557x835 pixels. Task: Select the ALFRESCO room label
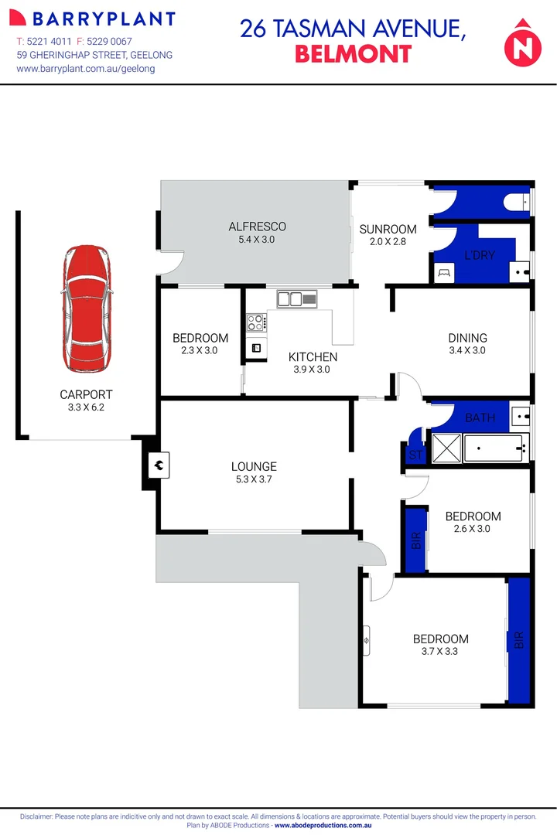(257, 227)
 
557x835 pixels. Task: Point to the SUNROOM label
(388, 229)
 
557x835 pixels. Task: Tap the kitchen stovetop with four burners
(256, 323)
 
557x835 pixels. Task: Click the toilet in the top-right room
(516, 203)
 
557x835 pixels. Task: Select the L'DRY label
(479, 255)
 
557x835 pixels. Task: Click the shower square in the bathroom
(445, 447)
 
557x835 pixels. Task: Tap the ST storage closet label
(416, 455)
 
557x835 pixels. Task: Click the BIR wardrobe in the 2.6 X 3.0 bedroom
(416, 539)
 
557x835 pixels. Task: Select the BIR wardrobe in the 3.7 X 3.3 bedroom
(519, 640)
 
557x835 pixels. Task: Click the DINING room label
(467, 338)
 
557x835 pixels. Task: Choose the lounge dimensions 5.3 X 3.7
(254, 479)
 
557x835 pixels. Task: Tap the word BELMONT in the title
(353, 53)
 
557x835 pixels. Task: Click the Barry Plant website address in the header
(85, 68)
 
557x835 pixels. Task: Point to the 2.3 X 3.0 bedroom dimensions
(200, 350)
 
